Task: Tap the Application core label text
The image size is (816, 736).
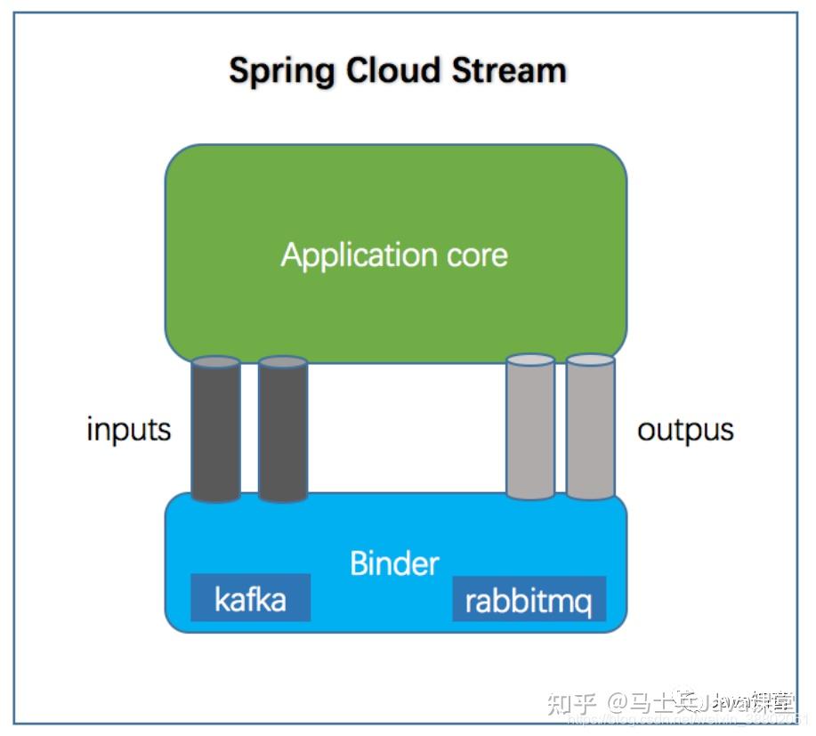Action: coord(394,255)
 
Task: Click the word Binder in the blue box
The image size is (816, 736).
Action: coord(394,562)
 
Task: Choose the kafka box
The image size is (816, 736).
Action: coord(250,599)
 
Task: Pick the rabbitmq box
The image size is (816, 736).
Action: coord(529,601)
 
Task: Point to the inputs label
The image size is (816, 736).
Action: coord(128,430)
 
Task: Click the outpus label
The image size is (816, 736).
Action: coord(685,430)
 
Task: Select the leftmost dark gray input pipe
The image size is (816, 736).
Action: coord(215,432)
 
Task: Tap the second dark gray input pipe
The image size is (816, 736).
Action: coord(282,432)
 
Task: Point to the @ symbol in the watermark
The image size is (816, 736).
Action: coord(619,703)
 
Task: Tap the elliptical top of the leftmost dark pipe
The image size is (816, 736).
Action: coord(215,362)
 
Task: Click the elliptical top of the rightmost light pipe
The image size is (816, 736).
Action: coord(591,360)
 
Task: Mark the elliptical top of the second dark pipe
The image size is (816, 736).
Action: coord(282,362)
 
